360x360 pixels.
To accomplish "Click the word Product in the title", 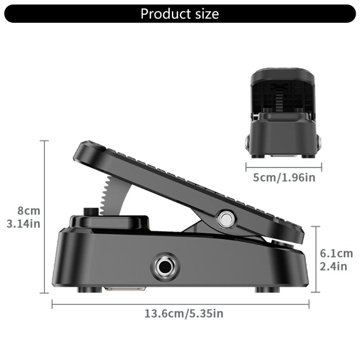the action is [164, 13].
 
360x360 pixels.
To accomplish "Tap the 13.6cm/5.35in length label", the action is [184, 313].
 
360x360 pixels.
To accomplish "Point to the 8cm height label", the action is [29, 211].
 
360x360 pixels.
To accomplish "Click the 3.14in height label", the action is [24, 224].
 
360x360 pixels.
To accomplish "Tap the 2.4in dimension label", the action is [333, 266].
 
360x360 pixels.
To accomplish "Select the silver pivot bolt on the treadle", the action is [225, 219].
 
